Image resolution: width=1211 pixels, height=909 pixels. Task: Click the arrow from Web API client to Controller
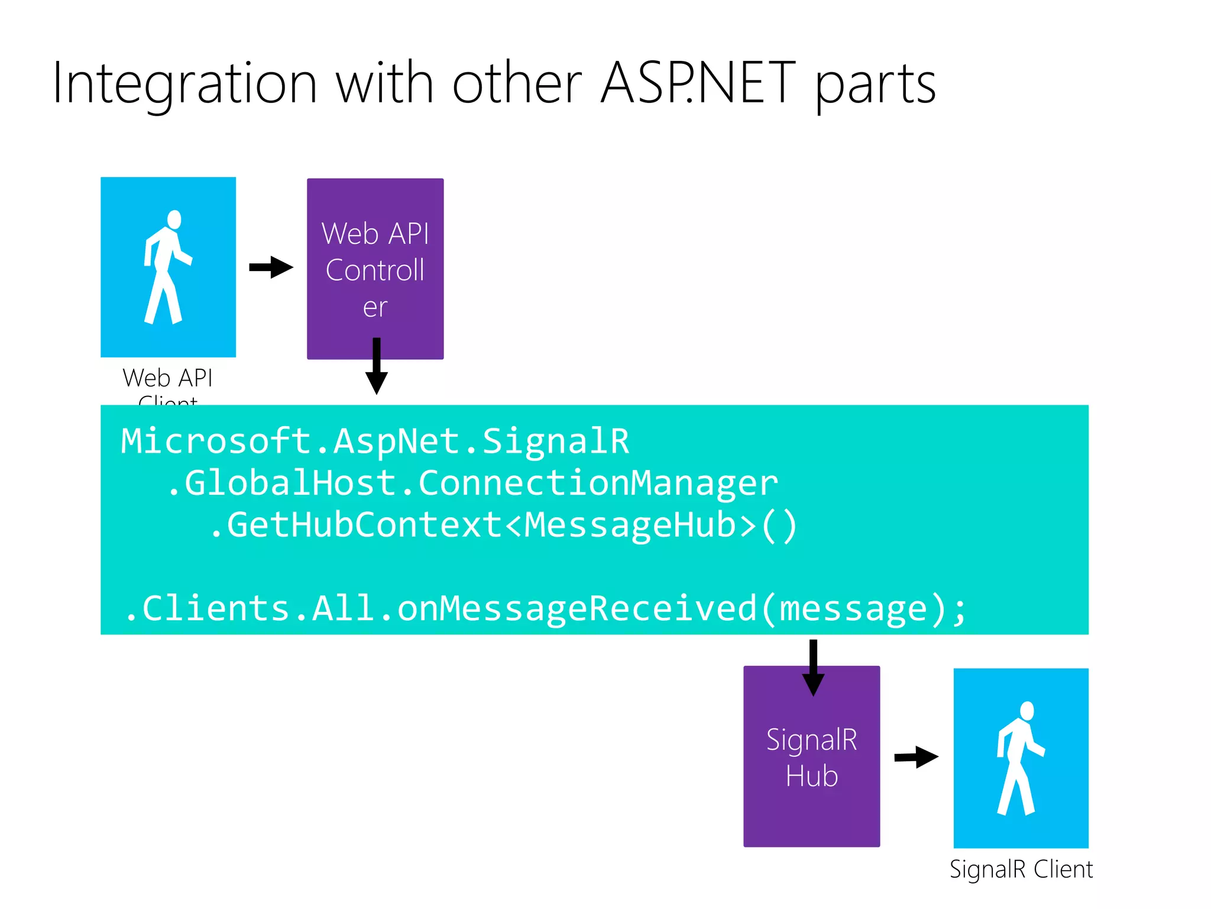271,267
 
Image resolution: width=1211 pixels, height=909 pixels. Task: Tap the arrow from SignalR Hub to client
916,757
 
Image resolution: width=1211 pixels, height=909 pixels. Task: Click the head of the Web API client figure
174,220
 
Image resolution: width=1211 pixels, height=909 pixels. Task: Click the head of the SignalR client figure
1027,711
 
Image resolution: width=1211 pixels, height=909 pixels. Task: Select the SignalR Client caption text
1021,869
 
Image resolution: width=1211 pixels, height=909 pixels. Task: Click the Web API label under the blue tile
167,378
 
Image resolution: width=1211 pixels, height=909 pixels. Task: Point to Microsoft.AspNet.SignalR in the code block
375,441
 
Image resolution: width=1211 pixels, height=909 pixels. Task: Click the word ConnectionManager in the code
598,483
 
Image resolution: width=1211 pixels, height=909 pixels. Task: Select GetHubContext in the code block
364,526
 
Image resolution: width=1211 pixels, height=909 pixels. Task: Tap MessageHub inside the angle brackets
631,526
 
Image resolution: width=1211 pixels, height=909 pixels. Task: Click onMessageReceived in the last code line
577,609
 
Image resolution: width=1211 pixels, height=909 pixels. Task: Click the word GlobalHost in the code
290,483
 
